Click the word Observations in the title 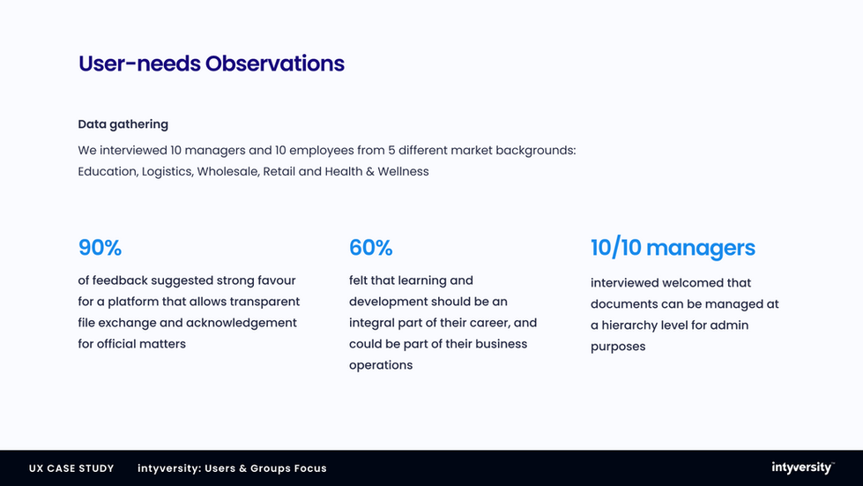275,64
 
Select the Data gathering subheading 123,124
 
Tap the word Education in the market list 108,172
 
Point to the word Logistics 167,172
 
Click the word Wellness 403,172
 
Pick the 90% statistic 100,248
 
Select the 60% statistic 370,248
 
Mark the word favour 277,280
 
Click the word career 490,323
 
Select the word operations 381,365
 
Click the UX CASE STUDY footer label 71,468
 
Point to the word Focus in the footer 310,468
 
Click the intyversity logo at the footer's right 803,467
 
